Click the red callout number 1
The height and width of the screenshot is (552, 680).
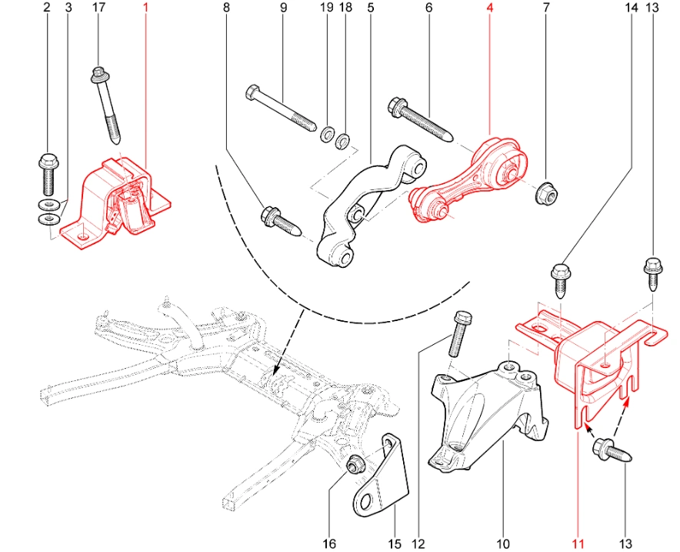tap(147, 8)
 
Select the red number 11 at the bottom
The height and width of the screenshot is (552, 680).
tap(578, 544)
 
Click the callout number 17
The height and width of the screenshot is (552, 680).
tap(98, 8)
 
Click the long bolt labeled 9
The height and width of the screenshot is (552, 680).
tap(280, 107)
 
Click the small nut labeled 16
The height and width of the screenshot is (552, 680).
tap(357, 464)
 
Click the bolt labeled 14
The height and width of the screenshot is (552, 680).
tap(560, 282)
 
